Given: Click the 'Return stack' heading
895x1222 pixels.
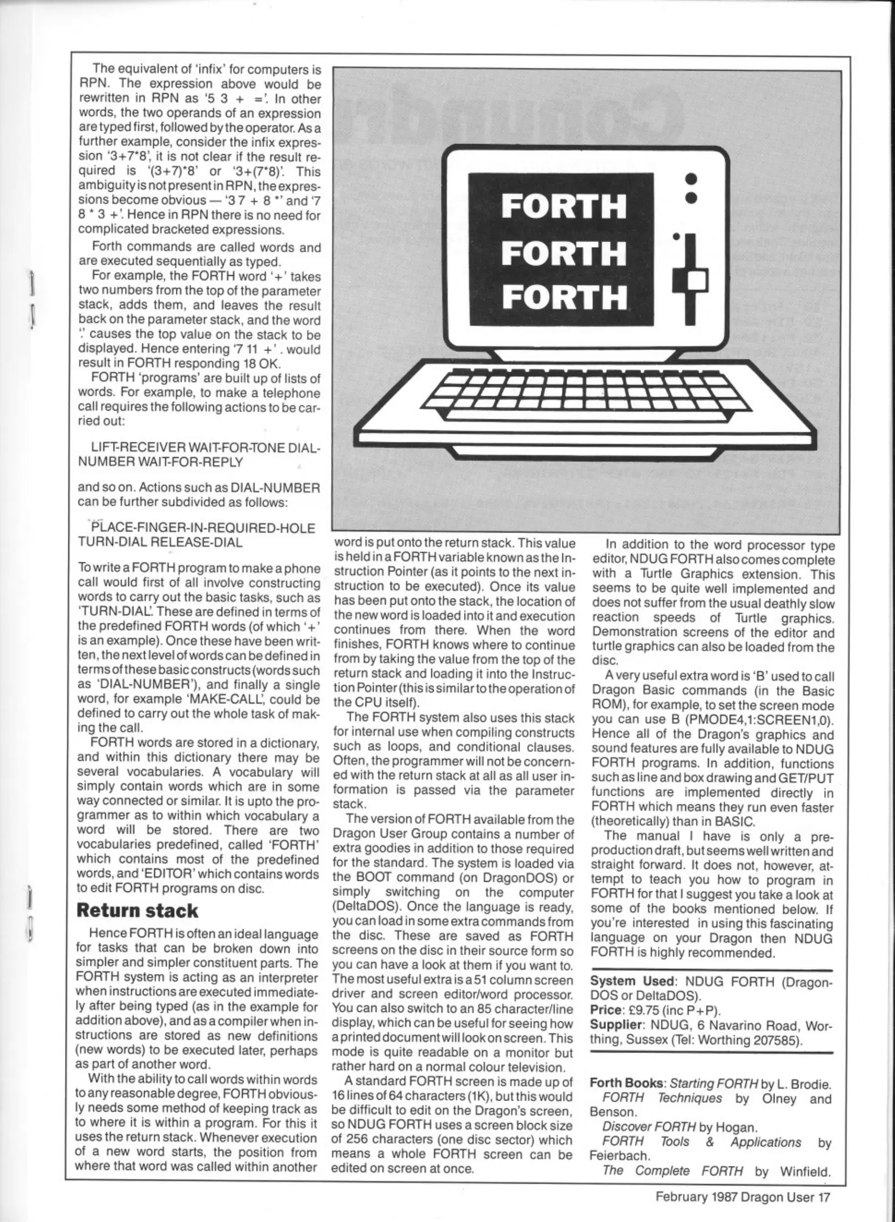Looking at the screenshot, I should click(x=137, y=910).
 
